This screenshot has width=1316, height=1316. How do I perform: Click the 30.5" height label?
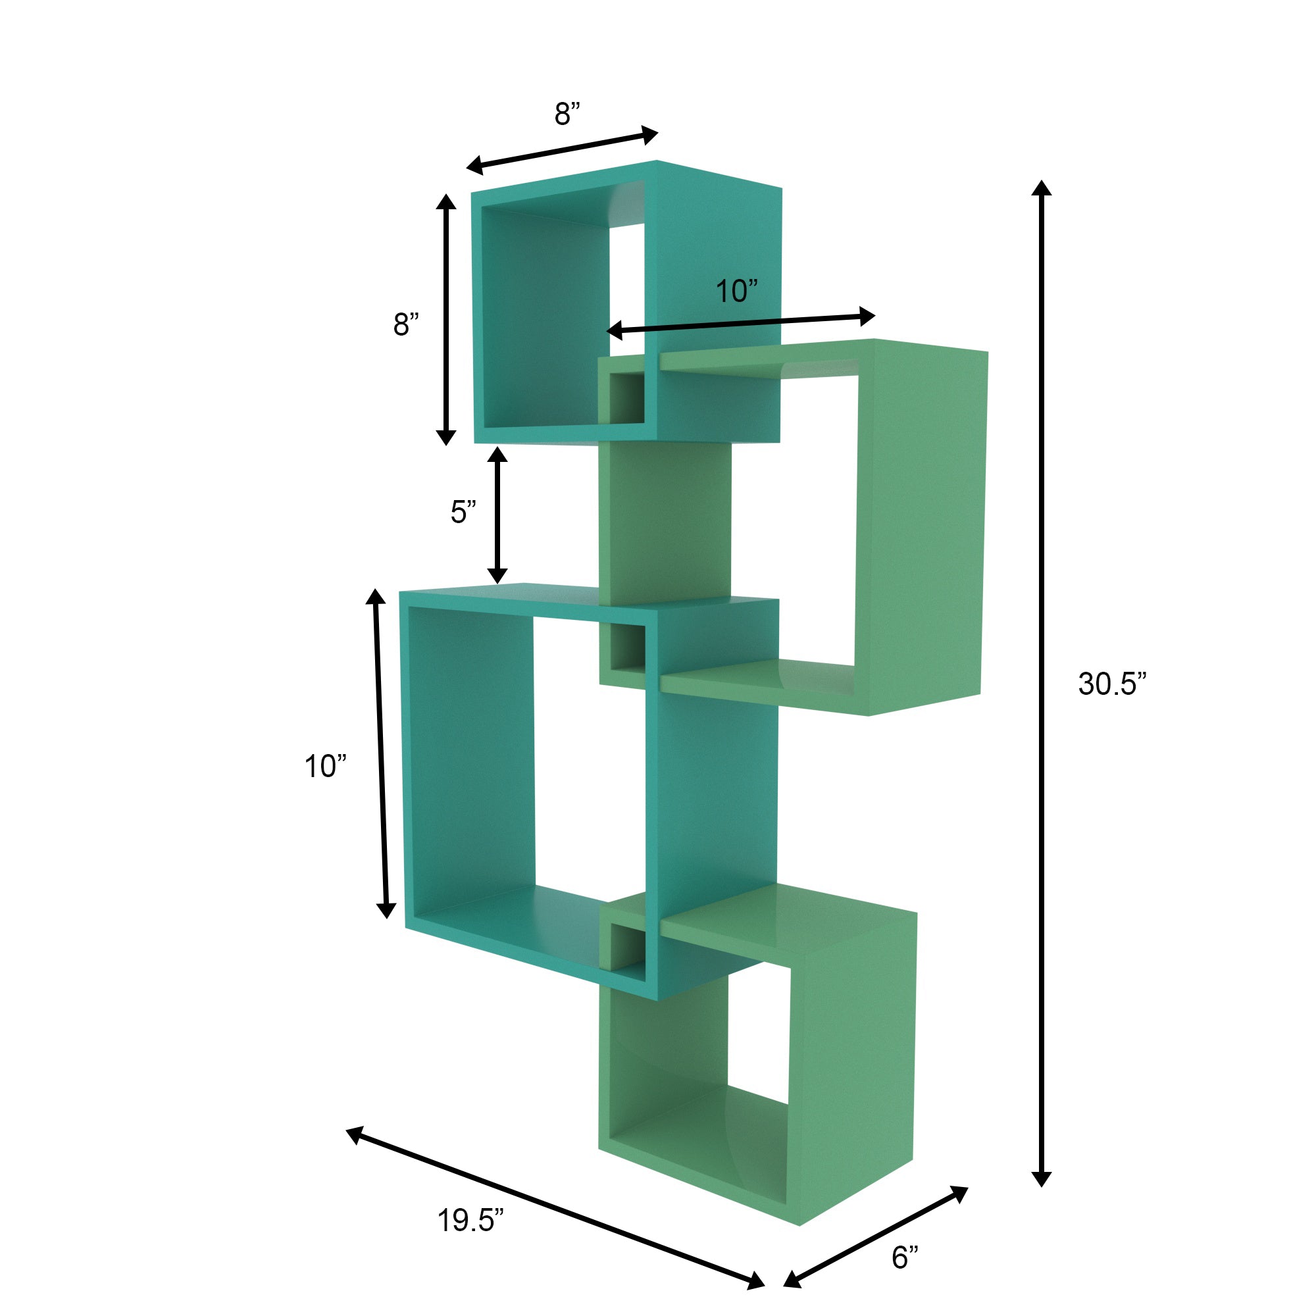[1111, 684]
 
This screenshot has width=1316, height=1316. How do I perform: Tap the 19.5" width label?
[470, 1220]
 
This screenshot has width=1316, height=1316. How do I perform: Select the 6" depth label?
[905, 1257]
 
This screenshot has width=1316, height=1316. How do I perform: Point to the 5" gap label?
[463, 511]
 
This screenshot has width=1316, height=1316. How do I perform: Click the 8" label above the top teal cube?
[567, 114]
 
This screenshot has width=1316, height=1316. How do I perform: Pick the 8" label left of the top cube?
[405, 324]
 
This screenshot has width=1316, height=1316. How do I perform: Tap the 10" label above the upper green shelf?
[736, 291]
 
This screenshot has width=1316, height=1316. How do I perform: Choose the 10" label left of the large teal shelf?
[325, 767]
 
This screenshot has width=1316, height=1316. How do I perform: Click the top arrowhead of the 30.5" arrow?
[1041, 189]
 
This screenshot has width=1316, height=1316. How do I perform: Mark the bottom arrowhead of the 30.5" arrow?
[1042, 1179]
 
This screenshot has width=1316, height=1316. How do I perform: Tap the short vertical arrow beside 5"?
[497, 516]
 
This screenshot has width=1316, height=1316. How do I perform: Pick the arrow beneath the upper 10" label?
[740, 323]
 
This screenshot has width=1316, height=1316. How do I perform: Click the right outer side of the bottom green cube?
[851, 1063]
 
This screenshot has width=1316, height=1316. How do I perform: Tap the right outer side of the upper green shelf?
[920, 524]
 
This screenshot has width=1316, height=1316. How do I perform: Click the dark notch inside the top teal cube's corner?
[626, 399]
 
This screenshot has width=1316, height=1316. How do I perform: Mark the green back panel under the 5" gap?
[664, 521]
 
